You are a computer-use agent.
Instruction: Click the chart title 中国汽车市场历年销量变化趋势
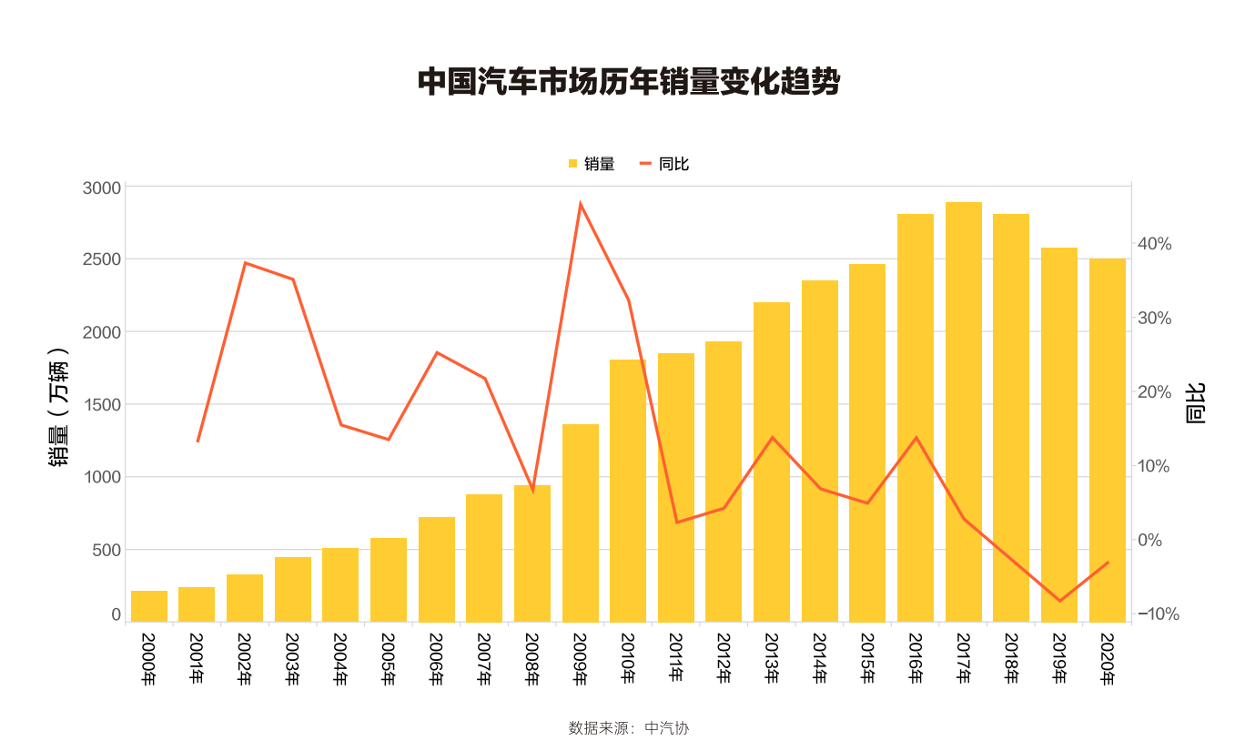[628, 82]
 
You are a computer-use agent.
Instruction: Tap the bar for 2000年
[149, 606]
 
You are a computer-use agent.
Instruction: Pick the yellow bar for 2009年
[580, 523]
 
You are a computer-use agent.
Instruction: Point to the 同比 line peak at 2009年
[580, 204]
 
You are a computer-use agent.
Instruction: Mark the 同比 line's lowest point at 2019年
[1059, 601]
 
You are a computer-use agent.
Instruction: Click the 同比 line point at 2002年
[245, 263]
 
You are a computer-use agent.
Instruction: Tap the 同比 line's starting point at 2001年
[197, 441]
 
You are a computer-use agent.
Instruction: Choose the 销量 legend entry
[591, 164]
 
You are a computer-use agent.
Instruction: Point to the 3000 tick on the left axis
[103, 188]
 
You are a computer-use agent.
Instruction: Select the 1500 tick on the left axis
[103, 405]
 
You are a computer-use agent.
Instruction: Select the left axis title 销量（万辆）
[60, 406]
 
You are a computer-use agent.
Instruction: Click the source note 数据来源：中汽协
[628, 728]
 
